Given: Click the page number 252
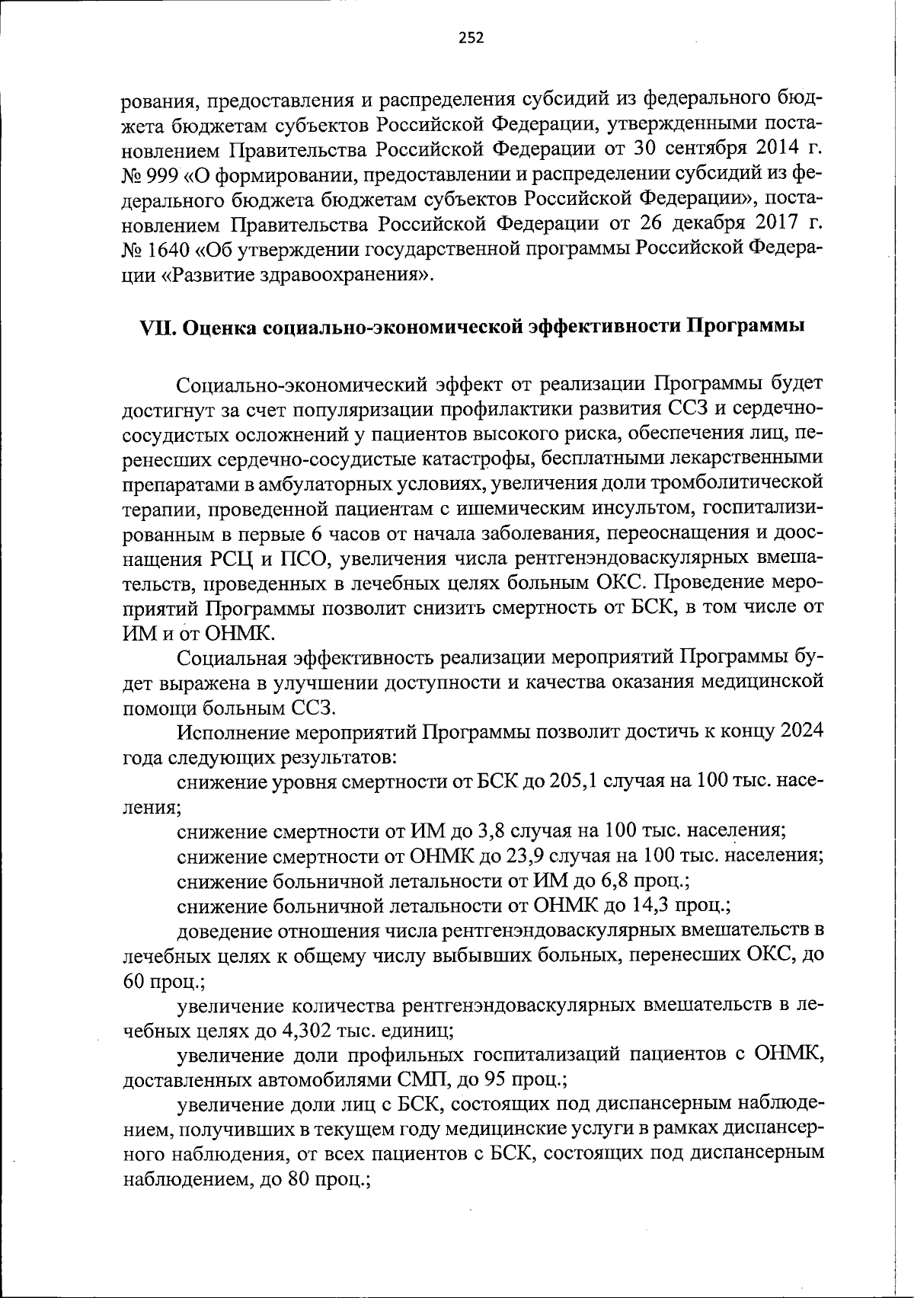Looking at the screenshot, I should tap(471, 38).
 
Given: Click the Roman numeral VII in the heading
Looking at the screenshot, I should tap(158, 328).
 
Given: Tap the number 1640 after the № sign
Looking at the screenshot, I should tap(168, 249).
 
